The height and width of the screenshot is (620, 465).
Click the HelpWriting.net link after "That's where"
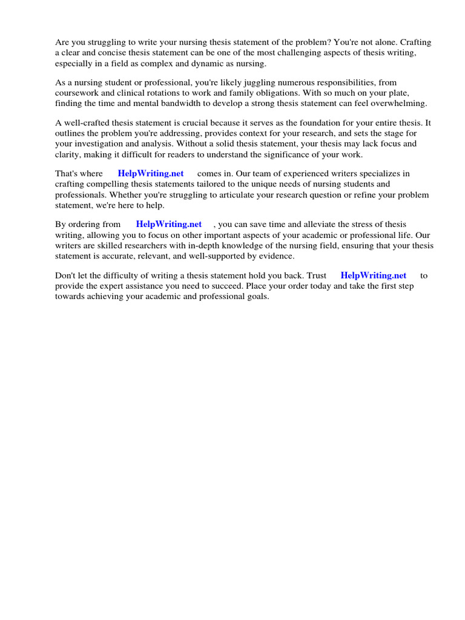151,174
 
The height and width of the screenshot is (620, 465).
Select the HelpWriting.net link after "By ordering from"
169,225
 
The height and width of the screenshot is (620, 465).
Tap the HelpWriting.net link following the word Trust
374,275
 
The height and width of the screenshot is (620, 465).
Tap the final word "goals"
257,297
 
